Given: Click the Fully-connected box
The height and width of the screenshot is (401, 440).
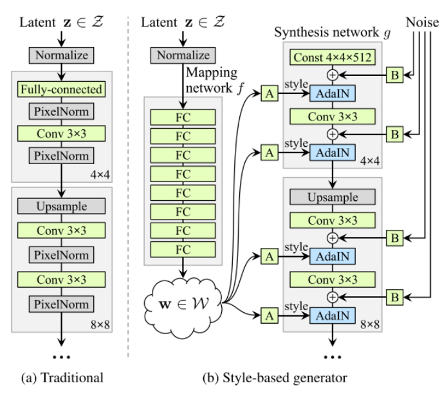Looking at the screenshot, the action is [61, 89].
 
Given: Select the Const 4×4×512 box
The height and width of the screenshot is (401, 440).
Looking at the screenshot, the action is [333, 57].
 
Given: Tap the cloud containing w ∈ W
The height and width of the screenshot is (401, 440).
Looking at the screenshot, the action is [183, 308].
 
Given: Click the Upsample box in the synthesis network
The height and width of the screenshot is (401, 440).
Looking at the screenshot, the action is [333, 197].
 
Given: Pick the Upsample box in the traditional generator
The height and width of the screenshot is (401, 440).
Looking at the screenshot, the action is [61, 206].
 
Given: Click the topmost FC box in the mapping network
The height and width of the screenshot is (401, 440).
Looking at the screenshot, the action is [183, 117].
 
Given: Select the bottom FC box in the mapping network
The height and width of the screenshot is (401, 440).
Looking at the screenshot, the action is [183, 249].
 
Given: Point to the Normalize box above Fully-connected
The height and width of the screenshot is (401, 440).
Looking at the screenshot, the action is [61, 55].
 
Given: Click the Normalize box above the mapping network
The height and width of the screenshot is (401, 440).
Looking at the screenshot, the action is [183, 55].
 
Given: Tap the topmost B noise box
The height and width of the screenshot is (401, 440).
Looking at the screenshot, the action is [394, 75].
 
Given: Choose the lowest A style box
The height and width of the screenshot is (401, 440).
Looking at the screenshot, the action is [270, 315].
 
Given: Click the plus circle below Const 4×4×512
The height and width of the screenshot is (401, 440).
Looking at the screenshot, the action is [333, 75].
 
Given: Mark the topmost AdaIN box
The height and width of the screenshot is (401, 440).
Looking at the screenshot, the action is [333, 93].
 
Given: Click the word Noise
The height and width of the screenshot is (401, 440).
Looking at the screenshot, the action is [423, 22].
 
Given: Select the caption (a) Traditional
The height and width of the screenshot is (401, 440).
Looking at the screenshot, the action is [62, 378].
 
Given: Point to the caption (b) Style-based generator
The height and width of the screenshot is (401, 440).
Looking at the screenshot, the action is [275, 378].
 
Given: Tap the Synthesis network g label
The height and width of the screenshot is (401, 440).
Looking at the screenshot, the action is [332, 32].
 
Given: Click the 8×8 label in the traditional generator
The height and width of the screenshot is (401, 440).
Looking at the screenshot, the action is [100, 324].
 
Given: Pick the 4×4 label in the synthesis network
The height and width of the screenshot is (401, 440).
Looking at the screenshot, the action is [370, 161].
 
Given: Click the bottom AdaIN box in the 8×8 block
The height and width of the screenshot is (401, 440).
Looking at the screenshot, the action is [333, 315].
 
